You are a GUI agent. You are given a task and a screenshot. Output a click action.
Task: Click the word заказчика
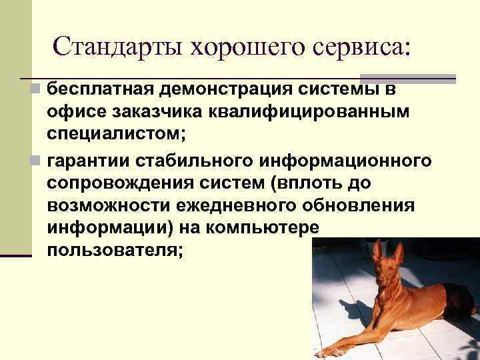(162, 111)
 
